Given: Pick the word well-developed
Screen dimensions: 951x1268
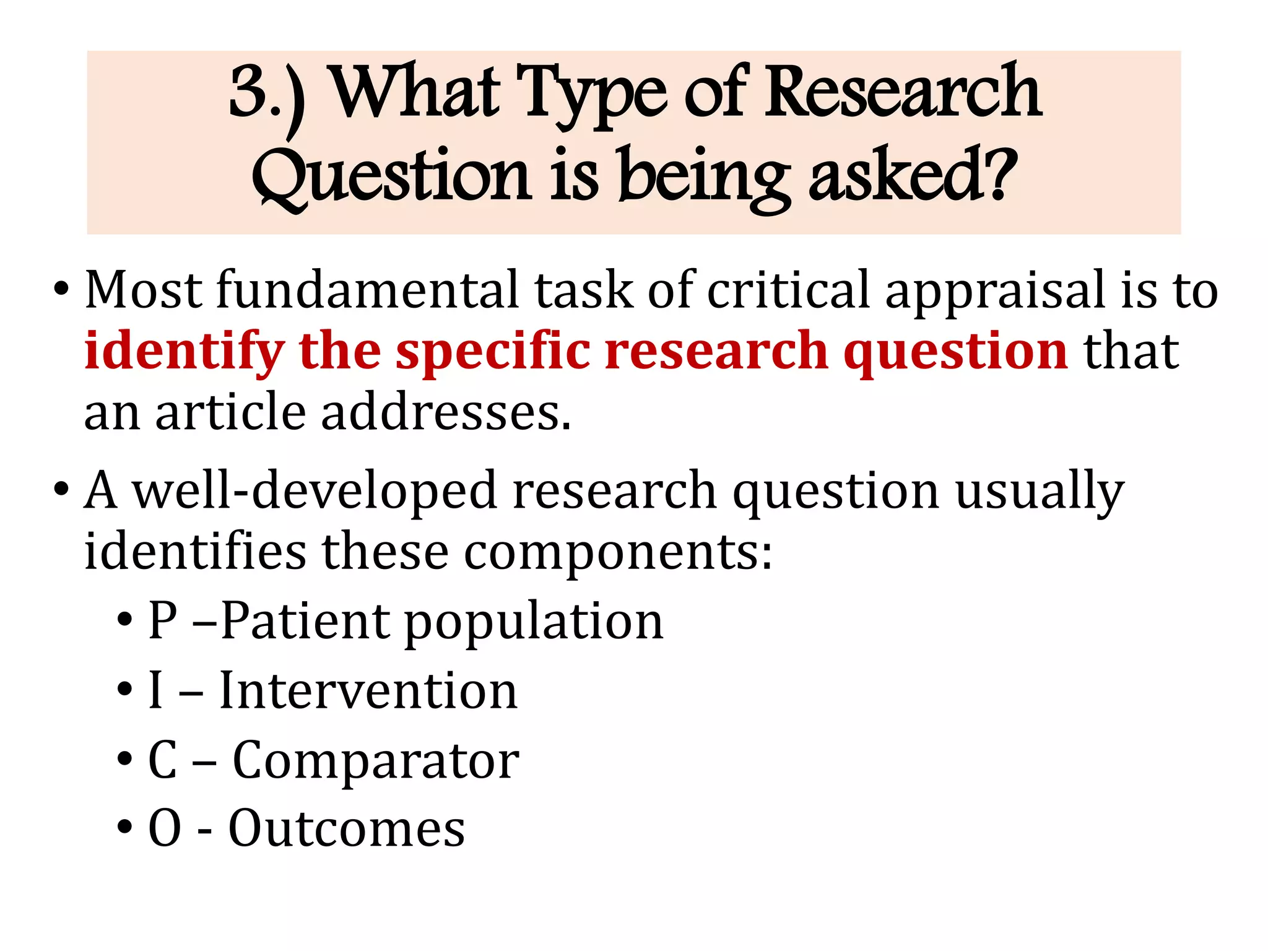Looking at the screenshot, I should (x=316, y=490).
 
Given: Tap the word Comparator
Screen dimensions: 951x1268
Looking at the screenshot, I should (x=376, y=760).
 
